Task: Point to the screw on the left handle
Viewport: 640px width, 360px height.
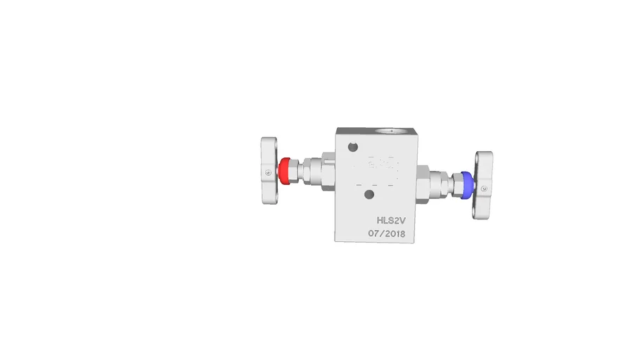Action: pos(267,172)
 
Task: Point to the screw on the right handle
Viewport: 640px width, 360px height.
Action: pos(484,188)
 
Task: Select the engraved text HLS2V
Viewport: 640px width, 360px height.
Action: pos(392,219)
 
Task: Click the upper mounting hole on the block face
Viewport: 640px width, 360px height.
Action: pos(353,147)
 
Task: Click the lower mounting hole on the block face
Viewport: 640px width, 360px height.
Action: pos(368,193)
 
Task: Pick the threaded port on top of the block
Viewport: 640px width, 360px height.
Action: pos(389,131)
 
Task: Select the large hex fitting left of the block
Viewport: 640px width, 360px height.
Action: pos(328,172)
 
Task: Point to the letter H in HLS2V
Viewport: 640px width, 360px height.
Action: pos(380,219)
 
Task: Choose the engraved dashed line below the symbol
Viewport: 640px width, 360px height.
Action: pos(376,184)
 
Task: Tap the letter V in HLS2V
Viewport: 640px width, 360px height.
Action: pos(404,219)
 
